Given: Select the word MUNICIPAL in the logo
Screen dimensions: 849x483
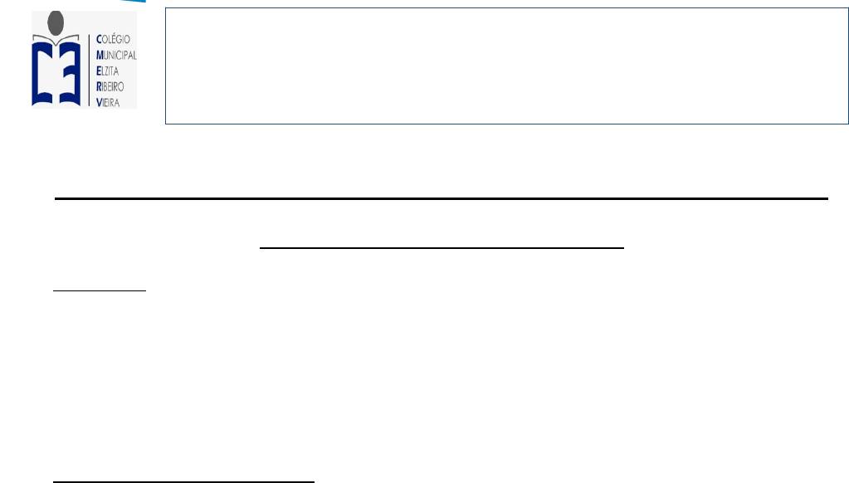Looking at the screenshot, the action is [x=116, y=55].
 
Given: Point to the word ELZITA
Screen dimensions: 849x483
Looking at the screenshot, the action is [x=111, y=70].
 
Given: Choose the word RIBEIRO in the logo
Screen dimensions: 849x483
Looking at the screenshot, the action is [x=114, y=85].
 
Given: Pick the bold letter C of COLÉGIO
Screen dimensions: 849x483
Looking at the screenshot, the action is [x=100, y=38].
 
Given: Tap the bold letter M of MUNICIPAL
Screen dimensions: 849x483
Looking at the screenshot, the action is [x=100, y=55].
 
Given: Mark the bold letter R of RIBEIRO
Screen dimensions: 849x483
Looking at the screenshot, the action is [x=100, y=85].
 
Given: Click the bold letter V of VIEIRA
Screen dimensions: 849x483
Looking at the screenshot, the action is [x=100, y=100].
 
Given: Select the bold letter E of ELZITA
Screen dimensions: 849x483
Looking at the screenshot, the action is [x=100, y=70].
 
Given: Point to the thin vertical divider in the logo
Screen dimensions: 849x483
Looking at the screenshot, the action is [x=88, y=70].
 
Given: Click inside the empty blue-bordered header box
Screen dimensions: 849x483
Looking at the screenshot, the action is [x=506, y=66].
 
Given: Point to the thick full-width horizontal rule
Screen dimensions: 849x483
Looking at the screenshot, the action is [x=442, y=199].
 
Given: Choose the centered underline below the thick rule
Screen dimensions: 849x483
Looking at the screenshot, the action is [x=442, y=247].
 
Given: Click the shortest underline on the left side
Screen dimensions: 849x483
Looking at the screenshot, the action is [x=99, y=291].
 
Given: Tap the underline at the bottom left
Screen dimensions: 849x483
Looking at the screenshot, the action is [x=183, y=481].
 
